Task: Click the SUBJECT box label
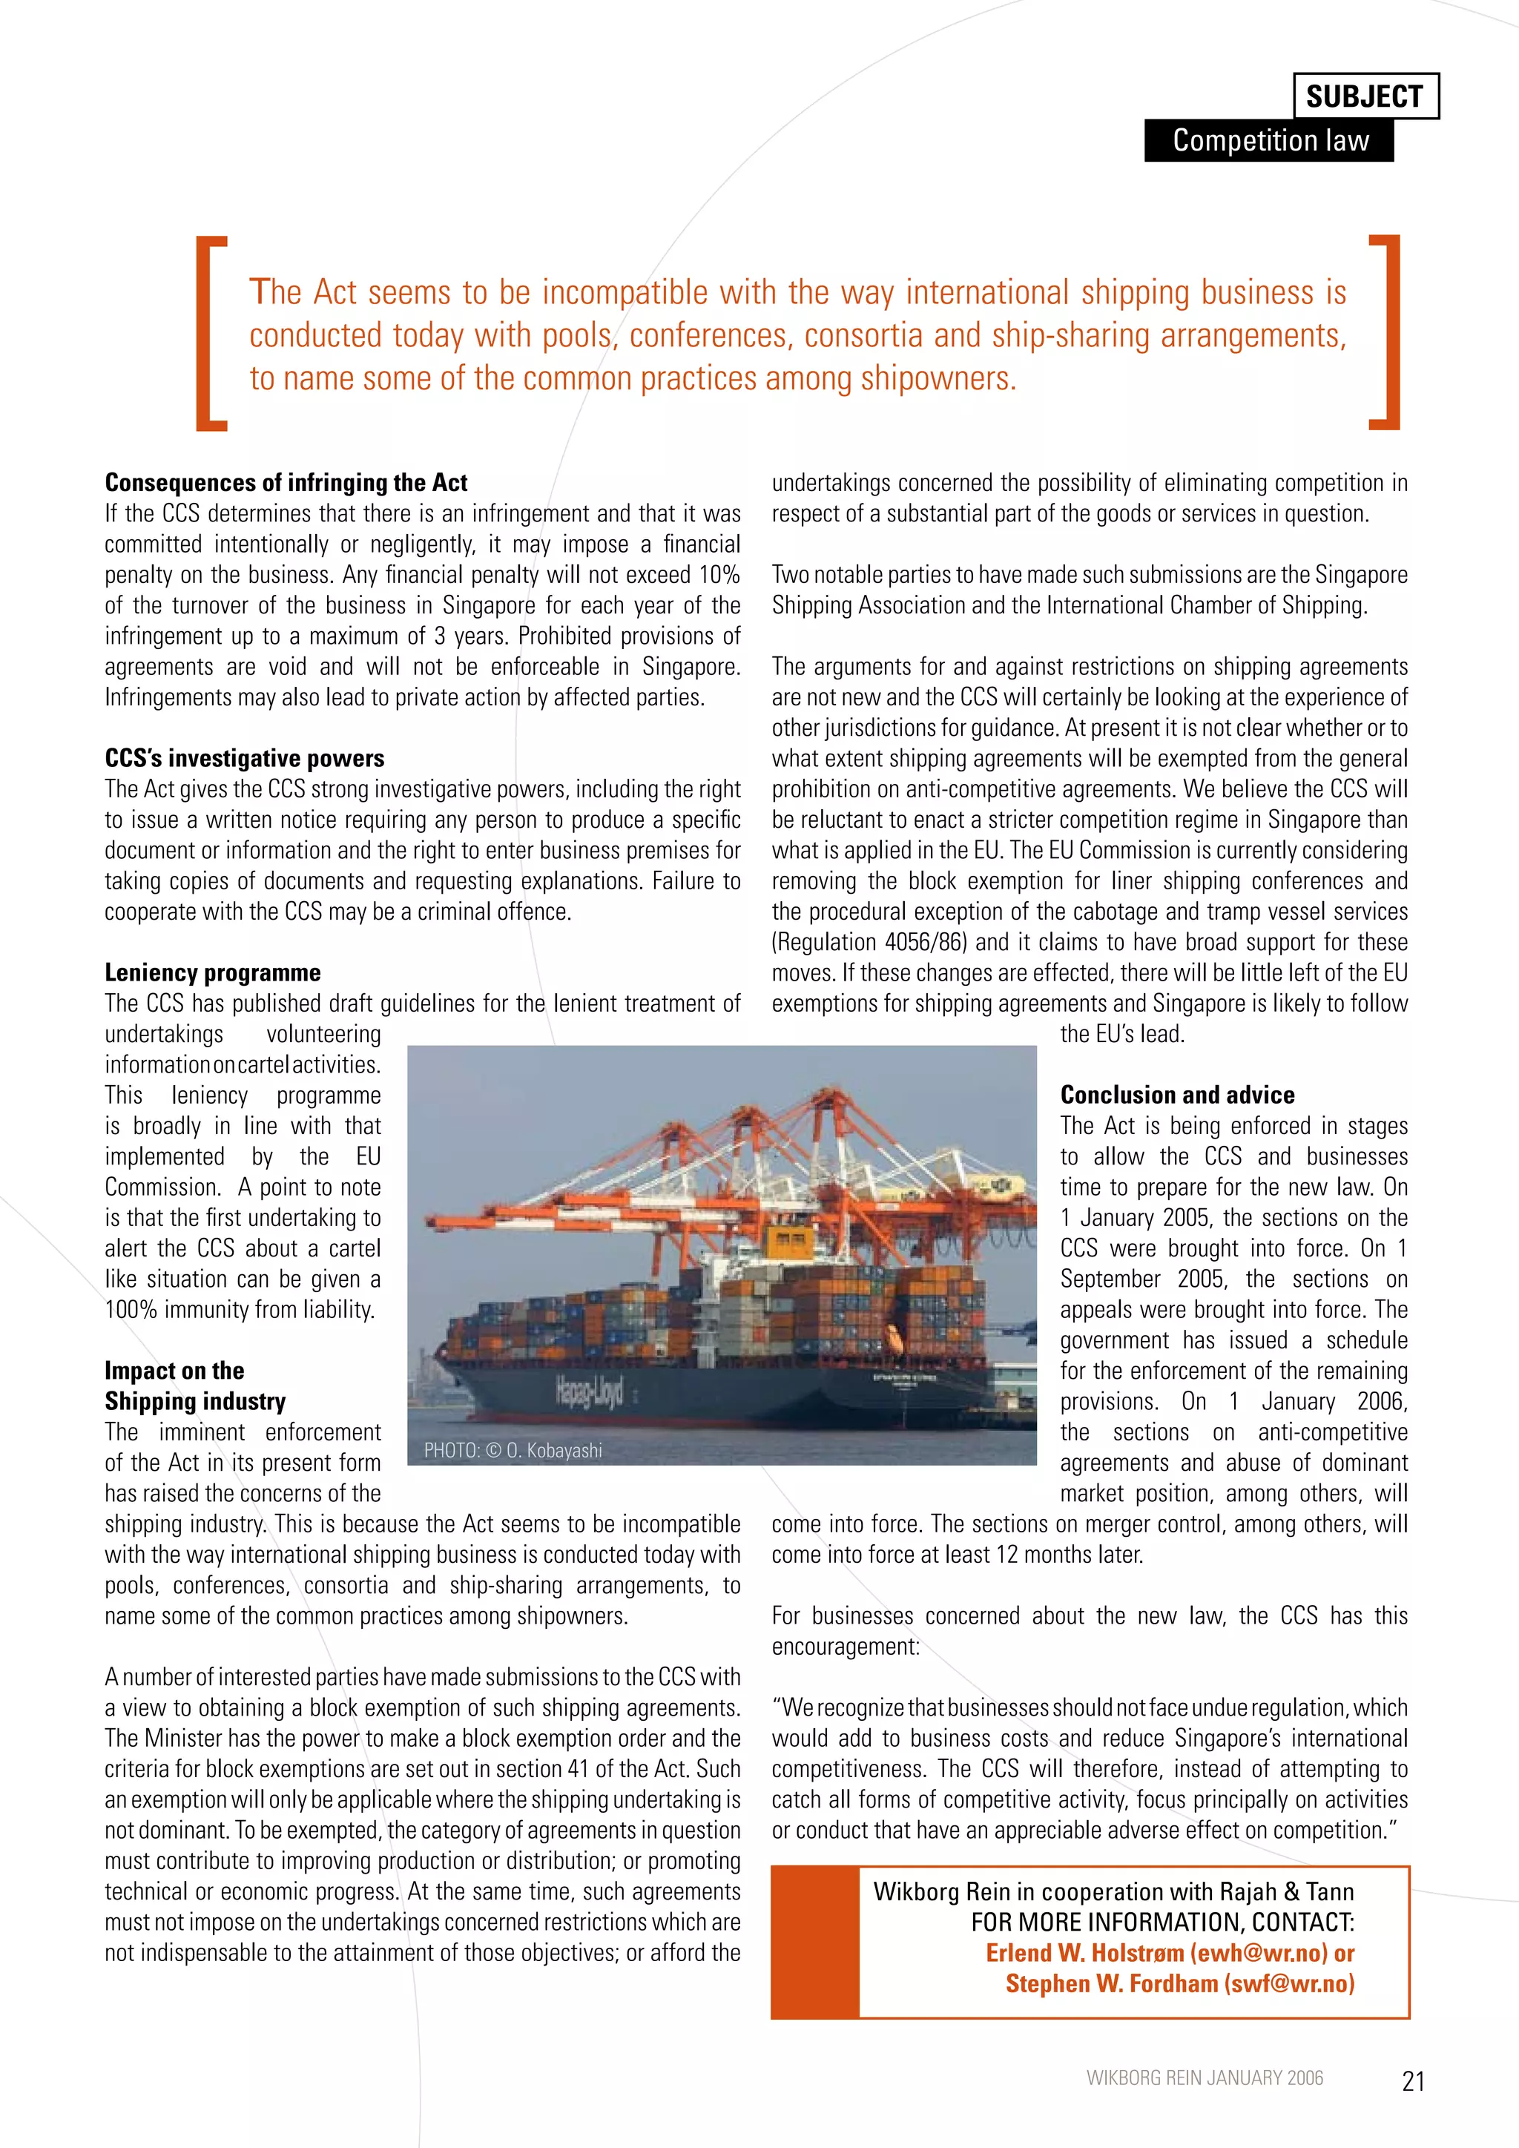click(x=1365, y=96)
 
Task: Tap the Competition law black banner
click(x=1269, y=140)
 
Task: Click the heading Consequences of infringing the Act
click(x=286, y=483)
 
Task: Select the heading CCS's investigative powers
click(x=245, y=758)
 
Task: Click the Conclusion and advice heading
click(x=1176, y=1095)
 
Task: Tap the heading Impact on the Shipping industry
click(x=194, y=1386)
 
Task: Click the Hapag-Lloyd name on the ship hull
click(x=588, y=1392)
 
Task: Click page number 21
click(x=1412, y=2081)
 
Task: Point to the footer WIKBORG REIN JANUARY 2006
click(x=1205, y=2078)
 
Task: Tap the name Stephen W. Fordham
click(x=1111, y=1984)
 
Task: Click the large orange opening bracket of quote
click(x=211, y=332)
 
